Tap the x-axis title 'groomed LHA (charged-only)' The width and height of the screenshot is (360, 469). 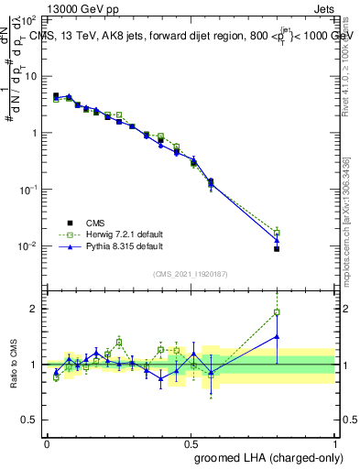pyautogui.click(x=276, y=457)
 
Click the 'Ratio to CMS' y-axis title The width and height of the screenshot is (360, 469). pyautogui.click(x=14, y=366)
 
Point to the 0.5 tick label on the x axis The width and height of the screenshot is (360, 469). pyautogui.click(x=191, y=443)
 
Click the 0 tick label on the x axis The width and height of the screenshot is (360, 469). pyautogui.click(x=47, y=443)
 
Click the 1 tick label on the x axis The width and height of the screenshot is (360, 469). pyautogui.click(x=334, y=443)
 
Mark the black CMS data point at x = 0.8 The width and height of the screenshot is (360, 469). pyautogui.click(x=277, y=249)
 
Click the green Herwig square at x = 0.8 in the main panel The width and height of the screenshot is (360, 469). pyautogui.click(x=277, y=233)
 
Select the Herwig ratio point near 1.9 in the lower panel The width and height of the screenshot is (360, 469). pyautogui.click(x=277, y=312)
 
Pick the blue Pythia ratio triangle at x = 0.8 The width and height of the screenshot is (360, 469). pyautogui.click(x=277, y=336)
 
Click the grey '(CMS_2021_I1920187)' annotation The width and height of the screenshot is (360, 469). pyautogui.click(x=190, y=273)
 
